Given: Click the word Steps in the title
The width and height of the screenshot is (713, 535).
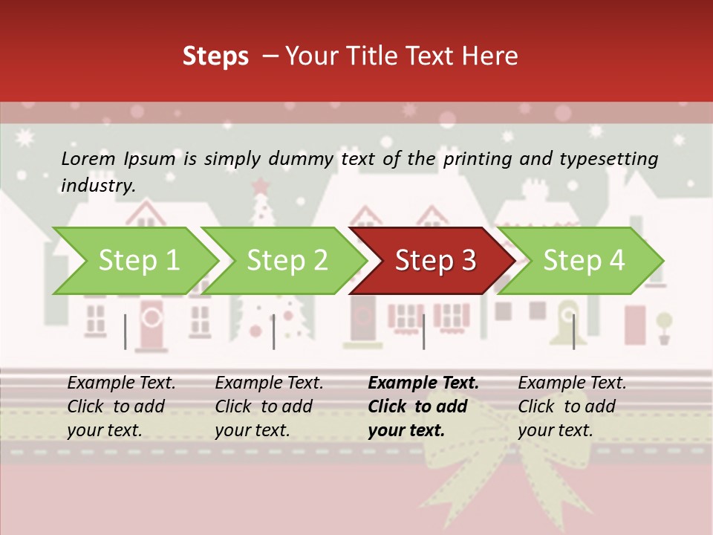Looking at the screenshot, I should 215,56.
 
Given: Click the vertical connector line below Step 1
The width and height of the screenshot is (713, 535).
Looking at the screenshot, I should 126,331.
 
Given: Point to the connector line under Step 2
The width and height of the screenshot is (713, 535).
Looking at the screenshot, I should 274,331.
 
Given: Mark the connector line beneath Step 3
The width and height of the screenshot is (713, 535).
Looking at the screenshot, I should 423,331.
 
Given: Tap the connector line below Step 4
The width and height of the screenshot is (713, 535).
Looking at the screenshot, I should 573,331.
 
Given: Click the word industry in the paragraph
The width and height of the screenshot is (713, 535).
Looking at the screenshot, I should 97,186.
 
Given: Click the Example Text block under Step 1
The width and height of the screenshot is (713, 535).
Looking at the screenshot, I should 121,406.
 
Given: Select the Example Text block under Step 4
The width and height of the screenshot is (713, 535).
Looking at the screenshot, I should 572,406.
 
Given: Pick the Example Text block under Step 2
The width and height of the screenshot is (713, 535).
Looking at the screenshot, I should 269,406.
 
